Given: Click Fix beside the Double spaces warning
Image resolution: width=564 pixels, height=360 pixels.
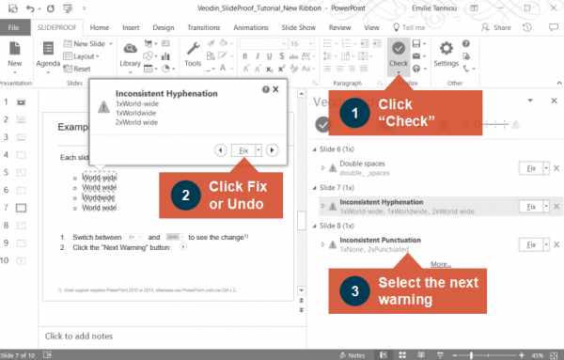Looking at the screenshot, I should click(531, 167).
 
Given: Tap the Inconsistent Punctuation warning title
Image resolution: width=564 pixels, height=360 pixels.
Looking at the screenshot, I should click(386, 240).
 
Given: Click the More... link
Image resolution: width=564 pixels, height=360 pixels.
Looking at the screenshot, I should click(441, 264).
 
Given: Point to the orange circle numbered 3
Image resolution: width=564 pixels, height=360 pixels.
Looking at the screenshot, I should click(353, 291).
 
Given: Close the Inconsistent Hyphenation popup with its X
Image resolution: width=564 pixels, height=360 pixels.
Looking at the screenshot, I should click(275, 88).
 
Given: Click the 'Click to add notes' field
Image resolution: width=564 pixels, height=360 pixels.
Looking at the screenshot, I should click(80, 336).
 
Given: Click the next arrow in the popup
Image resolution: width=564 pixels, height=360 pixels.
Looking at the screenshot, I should click(272, 149).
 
